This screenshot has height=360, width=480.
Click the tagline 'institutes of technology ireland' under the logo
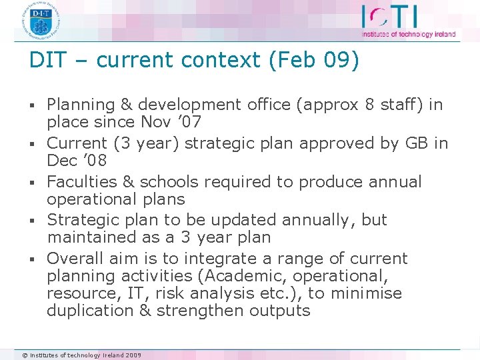pos(408,35)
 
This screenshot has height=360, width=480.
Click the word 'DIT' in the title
pos(49,61)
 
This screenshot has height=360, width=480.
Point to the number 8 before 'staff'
pos(370,105)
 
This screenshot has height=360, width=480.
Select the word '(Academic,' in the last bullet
pos(239,276)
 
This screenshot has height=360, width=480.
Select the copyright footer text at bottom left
pos(81,355)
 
